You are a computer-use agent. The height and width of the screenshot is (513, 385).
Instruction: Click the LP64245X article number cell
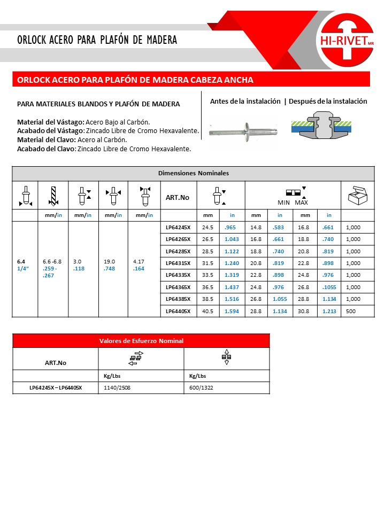coord(178,227)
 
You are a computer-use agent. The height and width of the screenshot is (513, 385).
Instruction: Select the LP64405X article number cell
coord(178,311)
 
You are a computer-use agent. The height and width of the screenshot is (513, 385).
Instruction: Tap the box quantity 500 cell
coord(353,311)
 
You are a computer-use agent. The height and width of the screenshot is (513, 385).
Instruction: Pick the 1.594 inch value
coord(232,311)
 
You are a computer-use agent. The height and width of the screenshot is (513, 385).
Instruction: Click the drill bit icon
coord(52,196)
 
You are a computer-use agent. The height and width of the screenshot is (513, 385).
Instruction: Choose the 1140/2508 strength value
coord(115,388)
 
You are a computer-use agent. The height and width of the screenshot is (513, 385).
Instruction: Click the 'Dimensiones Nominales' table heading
coord(193,173)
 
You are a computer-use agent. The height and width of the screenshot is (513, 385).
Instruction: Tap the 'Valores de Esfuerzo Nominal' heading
coord(141,341)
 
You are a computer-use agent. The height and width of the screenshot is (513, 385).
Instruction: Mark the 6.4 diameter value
coord(21,261)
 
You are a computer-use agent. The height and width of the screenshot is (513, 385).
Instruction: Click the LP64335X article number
coord(178,275)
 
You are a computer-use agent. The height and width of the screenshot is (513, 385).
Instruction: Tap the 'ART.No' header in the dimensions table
coord(178,197)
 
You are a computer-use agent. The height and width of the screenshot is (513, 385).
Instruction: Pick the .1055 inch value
coord(329,287)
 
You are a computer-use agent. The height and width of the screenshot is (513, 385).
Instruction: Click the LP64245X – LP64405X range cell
coord(55,388)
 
